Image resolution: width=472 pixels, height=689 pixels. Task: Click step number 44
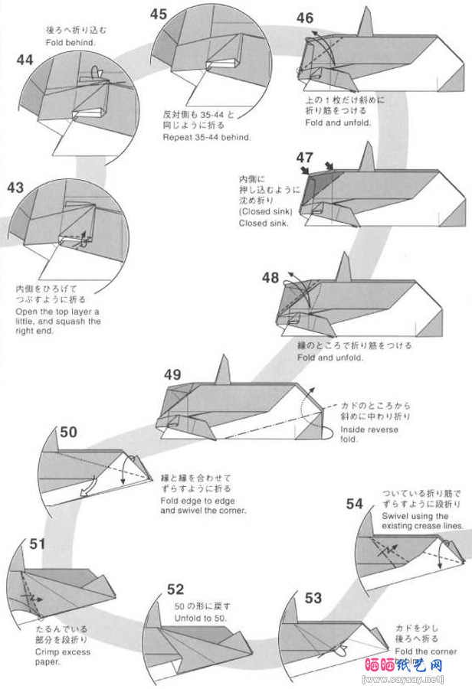click(x=25, y=60)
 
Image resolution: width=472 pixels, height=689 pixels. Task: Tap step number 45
click(x=159, y=14)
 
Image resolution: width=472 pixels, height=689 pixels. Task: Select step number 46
click(x=305, y=18)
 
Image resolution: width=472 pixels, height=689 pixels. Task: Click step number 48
click(x=270, y=278)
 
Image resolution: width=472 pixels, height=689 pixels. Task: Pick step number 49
click(x=172, y=374)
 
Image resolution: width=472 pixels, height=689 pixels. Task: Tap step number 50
click(x=68, y=433)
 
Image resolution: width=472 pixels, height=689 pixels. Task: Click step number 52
click(x=175, y=589)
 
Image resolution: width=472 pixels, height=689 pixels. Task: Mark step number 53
click(x=313, y=598)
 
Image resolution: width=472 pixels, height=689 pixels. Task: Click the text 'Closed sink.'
click(x=264, y=224)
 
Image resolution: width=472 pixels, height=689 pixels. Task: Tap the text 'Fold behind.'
click(x=71, y=43)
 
